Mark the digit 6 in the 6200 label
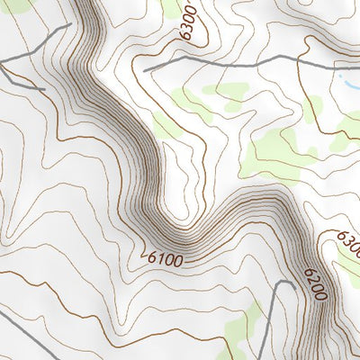(308, 273)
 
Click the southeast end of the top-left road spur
(44, 89)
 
